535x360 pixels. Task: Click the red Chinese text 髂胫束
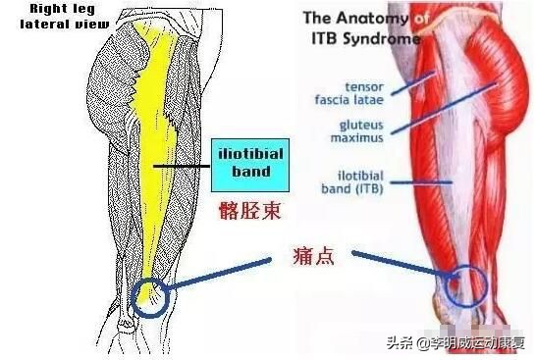(251, 208)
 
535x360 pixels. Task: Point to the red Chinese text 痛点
(313, 257)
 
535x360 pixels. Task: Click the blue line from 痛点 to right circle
(402, 268)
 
